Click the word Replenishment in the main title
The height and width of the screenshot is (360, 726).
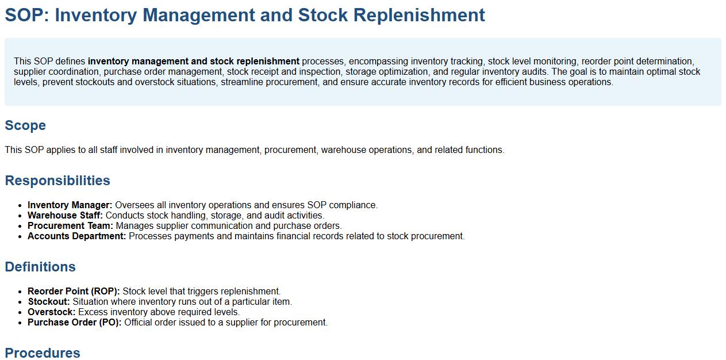pyautogui.click(x=419, y=16)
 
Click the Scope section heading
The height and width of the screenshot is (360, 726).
pyautogui.click(x=25, y=125)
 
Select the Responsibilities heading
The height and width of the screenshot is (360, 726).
pyautogui.click(x=57, y=181)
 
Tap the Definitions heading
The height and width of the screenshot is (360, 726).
pyautogui.click(x=40, y=267)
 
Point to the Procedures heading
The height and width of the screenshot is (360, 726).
pyautogui.click(x=43, y=353)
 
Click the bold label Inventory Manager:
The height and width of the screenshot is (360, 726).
pyautogui.click(x=70, y=205)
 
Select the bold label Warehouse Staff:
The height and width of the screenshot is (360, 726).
pyautogui.click(x=65, y=215)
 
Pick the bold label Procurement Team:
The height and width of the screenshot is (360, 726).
pyautogui.click(x=70, y=226)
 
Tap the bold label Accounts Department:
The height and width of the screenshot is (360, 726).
pyautogui.click(x=77, y=236)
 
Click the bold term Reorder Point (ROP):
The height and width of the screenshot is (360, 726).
pyautogui.click(x=74, y=291)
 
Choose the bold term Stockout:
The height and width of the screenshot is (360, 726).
pyautogui.click(x=49, y=301)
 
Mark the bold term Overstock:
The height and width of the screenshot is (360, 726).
pyautogui.click(x=52, y=312)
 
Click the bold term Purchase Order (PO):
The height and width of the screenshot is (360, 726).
pyautogui.click(x=75, y=323)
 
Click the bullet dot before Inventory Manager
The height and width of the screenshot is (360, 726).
pyautogui.click(x=20, y=206)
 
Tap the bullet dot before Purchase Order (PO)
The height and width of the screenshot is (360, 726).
pyautogui.click(x=20, y=323)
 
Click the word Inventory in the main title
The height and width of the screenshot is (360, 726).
pyautogui.click(x=96, y=16)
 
